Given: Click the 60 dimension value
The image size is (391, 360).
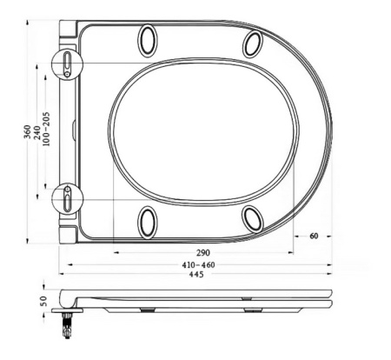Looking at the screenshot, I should [x=314, y=236].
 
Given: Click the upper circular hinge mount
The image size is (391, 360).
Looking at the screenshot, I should [x=68, y=63].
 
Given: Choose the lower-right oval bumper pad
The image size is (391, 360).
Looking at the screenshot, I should [x=252, y=217].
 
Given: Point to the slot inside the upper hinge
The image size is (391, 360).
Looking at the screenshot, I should [x=68, y=62].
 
